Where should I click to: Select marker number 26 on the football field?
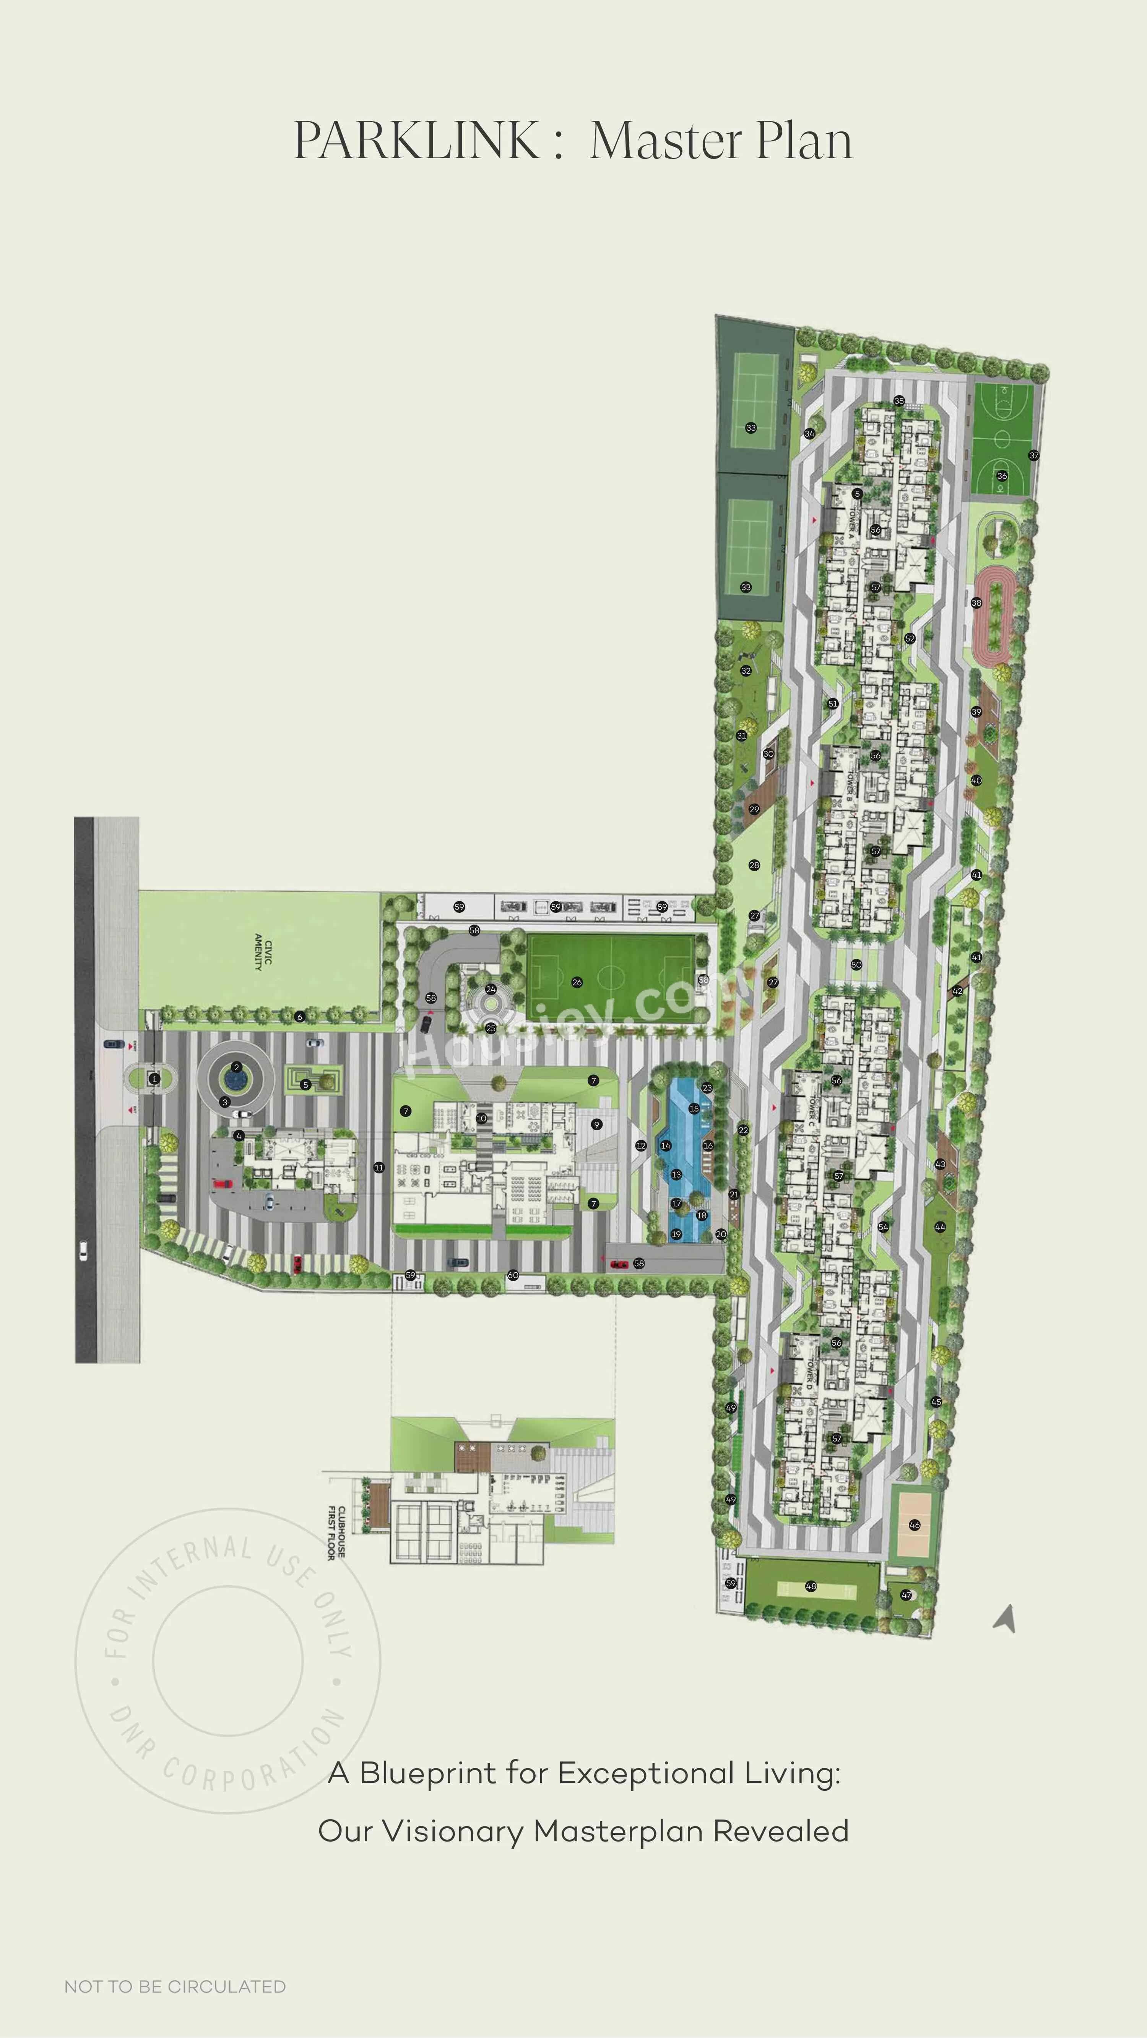click(577, 983)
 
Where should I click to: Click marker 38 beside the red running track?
click(976, 603)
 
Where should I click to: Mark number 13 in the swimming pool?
click(676, 1175)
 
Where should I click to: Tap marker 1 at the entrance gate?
click(154, 1078)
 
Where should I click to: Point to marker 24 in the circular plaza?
click(491, 990)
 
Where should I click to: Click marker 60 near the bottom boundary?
click(513, 1275)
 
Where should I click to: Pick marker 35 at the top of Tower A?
click(898, 401)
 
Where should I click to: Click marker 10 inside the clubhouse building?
click(482, 1119)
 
